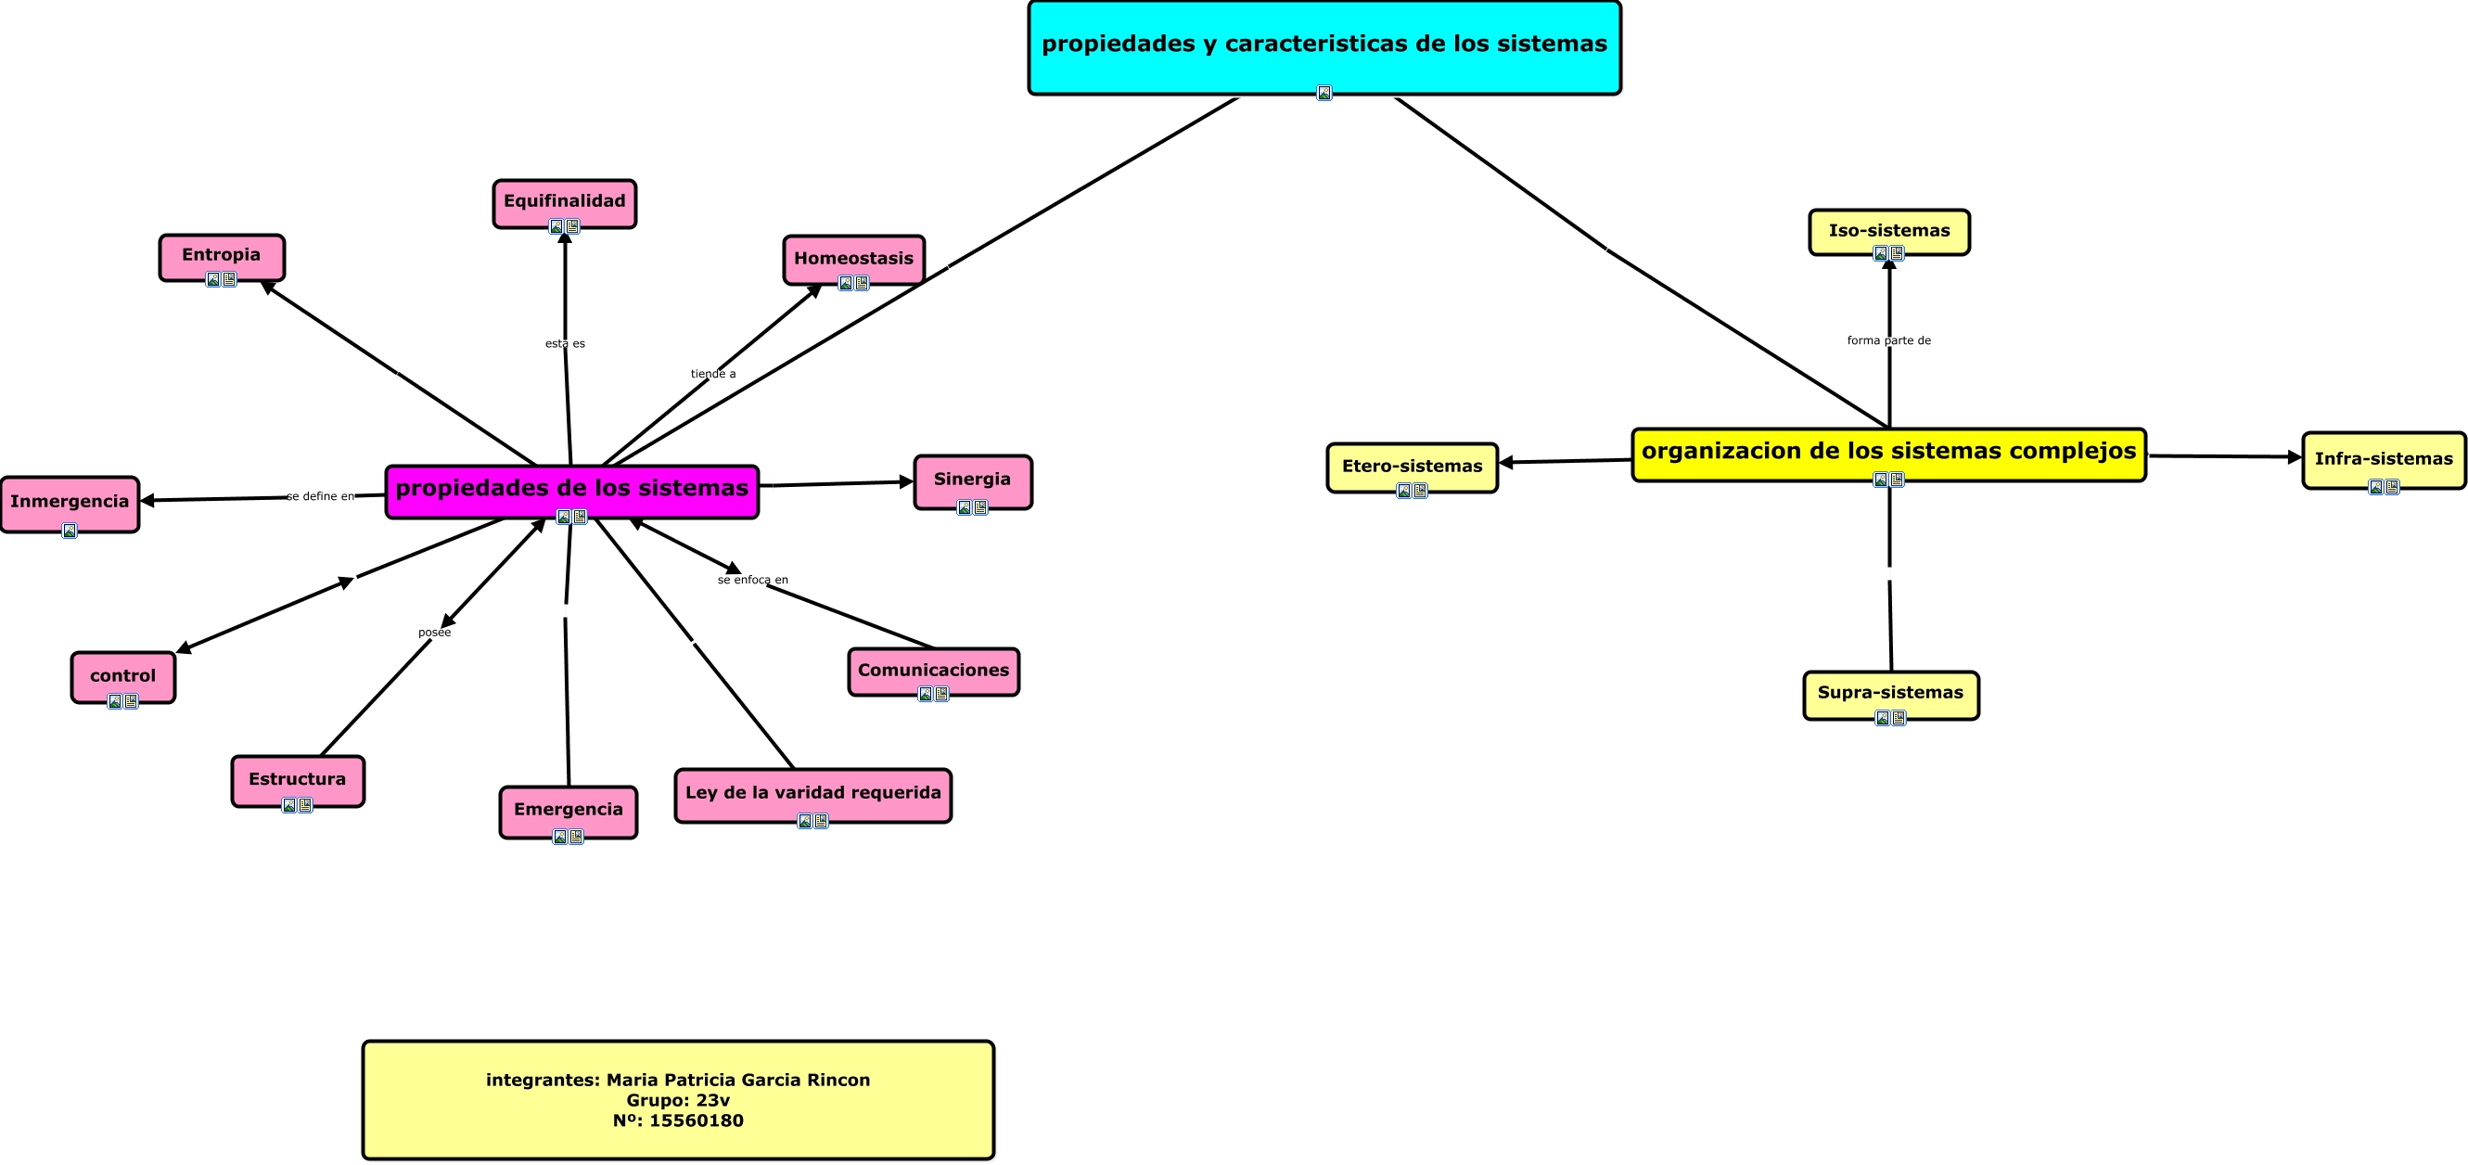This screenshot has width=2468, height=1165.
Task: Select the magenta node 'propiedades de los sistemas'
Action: click(572, 489)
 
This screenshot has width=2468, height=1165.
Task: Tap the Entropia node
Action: click(222, 255)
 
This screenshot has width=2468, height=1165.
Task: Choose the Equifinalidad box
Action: click(564, 201)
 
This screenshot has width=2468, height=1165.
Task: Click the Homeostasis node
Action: click(853, 259)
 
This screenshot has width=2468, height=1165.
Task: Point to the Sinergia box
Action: click(972, 479)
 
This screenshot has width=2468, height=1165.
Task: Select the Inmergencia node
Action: click(70, 501)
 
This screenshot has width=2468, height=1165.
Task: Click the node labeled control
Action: click(122, 675)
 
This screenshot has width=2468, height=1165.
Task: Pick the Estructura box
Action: click(297, 779)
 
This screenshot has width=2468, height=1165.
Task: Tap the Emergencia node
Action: click(569, 810)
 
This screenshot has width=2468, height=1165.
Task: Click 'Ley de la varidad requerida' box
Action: click(812, 792)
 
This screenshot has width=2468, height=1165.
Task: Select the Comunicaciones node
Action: click(933, 670)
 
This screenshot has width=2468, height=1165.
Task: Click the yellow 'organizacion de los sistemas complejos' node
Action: click(1888, 451)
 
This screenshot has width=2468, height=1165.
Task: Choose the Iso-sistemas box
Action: click(1888, 231)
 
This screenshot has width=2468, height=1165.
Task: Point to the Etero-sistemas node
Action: click(1412, 467)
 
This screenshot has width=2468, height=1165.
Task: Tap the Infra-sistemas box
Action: click(2383, 459)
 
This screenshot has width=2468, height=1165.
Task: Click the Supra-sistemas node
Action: click(1890, 693)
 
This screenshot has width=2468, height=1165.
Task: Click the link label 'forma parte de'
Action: click(1888, 340)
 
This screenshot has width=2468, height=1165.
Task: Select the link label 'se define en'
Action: click(320, 496)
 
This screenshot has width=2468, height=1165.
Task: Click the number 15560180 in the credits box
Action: click(696, 1120)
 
